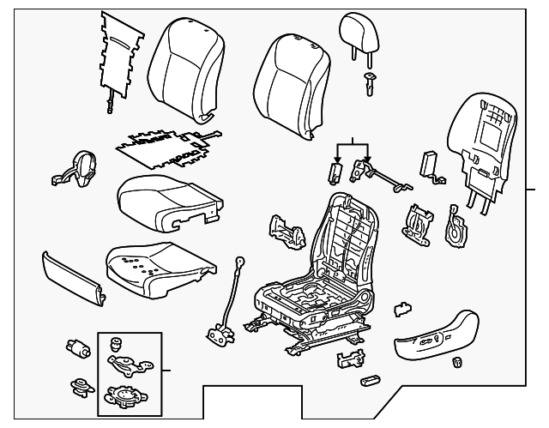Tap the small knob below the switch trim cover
[457, 362]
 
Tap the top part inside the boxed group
[116, 344]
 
